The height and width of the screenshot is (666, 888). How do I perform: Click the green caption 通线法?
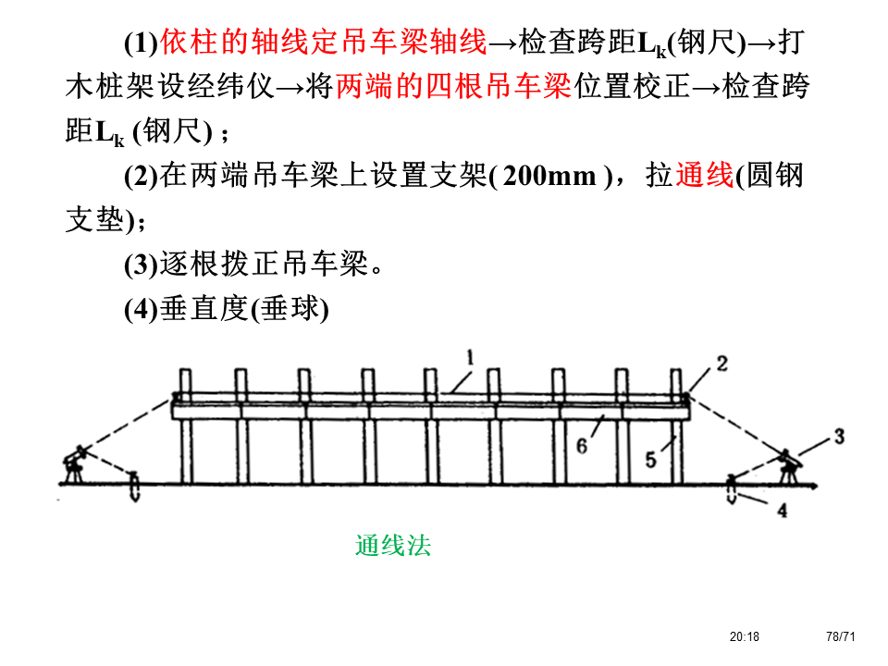pos(392,546)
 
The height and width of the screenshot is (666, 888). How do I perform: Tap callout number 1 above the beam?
pos(470,356)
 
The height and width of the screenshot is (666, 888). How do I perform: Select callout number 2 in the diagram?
pos(721,364)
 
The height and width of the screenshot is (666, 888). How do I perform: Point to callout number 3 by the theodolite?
pos(838,435)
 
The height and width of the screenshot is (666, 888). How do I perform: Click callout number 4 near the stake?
pos(782,510)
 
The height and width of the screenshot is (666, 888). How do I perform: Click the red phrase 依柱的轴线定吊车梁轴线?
pos(323,42)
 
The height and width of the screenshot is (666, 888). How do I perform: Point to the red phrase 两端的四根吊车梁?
pos(452,87)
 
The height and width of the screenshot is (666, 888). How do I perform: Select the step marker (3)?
pos(142,265)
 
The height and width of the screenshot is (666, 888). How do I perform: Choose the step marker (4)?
pos(142,310)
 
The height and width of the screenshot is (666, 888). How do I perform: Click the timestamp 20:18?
pos(744,636)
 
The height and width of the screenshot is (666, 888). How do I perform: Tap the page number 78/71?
pos(840,636)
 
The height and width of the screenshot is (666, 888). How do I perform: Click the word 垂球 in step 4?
pos(290,310)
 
